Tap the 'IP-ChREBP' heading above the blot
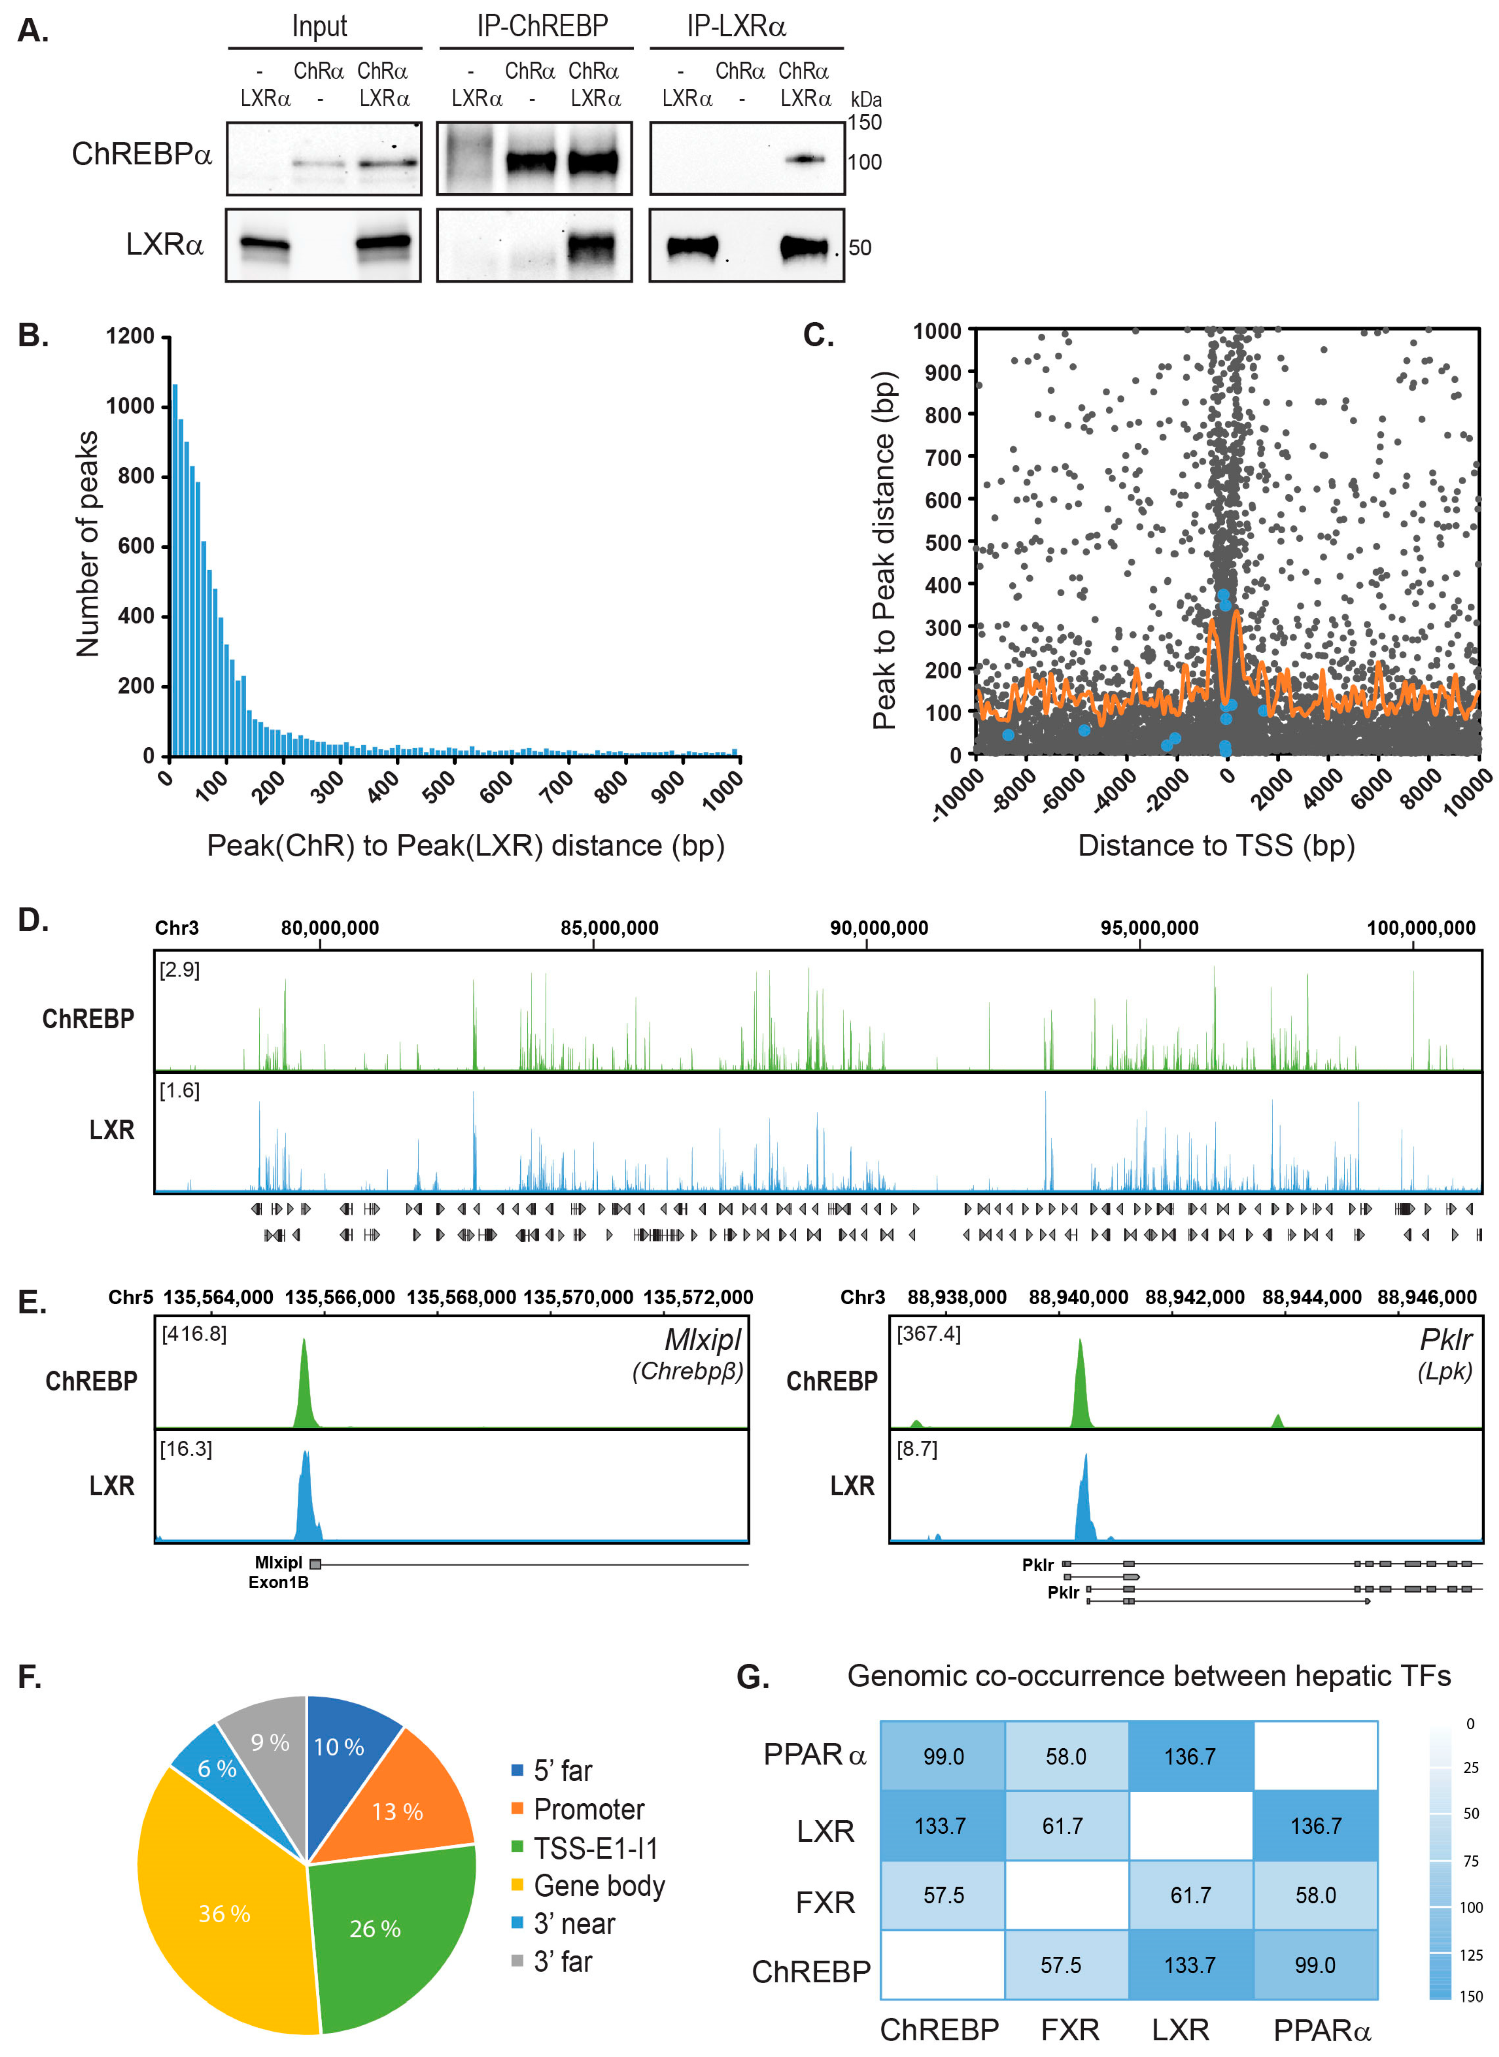pos(542,26)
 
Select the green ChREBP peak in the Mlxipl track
pos(304,1384)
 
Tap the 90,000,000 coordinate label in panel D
pos(878,927)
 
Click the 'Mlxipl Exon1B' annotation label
pos(279,1572)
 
